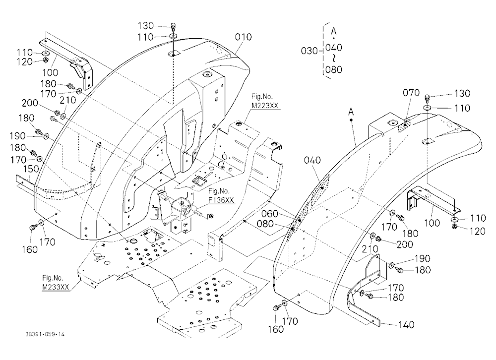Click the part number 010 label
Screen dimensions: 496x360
[x=243, y=37]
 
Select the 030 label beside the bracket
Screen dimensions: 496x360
[x=309, y=51]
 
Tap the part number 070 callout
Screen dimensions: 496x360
[x=411, y=93]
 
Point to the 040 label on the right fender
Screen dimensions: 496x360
[x=312, y=160]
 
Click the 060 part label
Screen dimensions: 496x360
[x=269, y=214]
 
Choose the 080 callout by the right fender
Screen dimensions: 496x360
[x=265, y=224]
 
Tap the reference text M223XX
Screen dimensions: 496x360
[x=265, y=105]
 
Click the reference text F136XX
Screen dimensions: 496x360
[x=221, y=200]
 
